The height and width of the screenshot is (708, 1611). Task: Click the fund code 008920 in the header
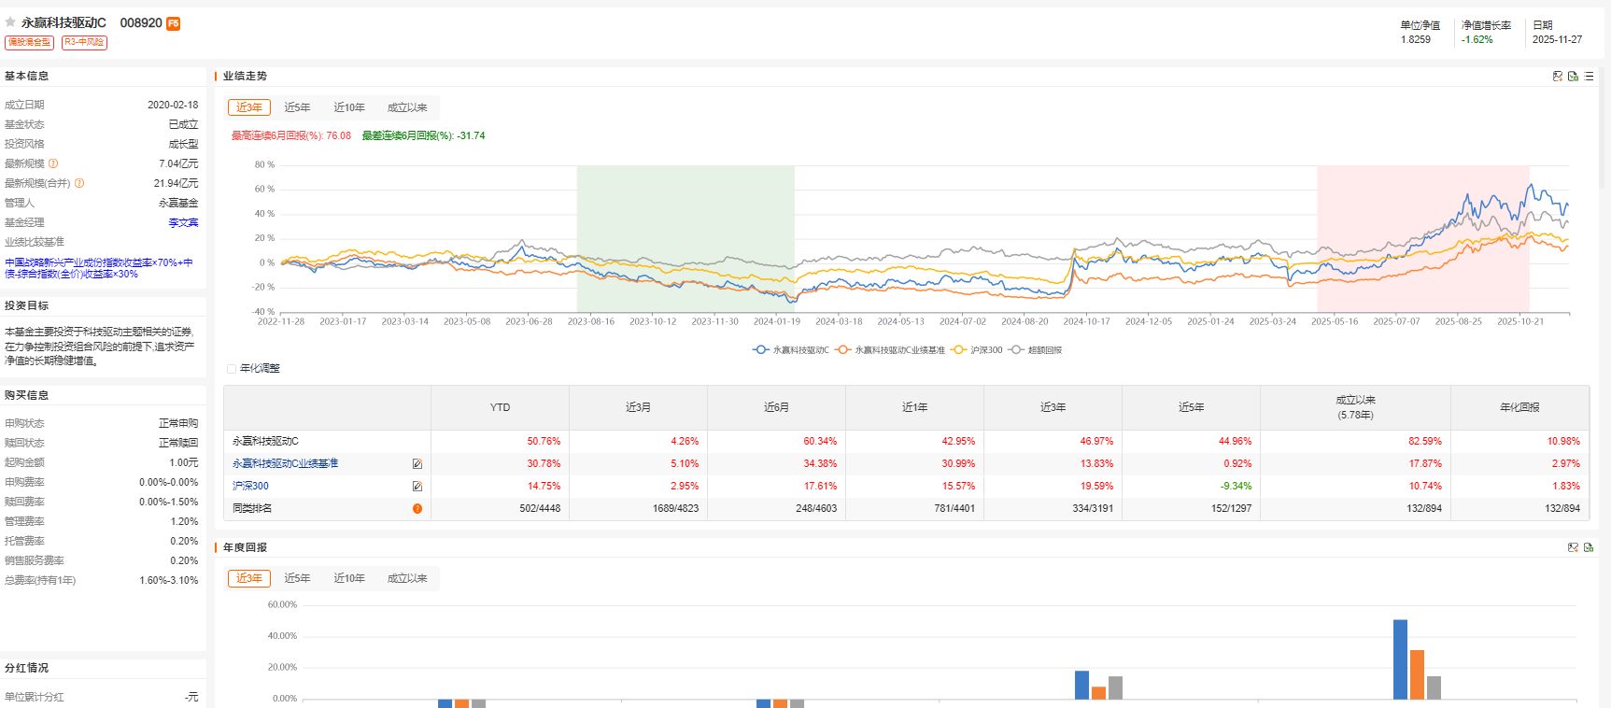coord(141,22)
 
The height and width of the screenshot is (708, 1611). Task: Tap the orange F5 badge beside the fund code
coord(174,23)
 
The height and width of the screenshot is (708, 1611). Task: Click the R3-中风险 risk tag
coord(84,42)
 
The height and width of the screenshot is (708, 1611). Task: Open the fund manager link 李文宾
coord(183,222)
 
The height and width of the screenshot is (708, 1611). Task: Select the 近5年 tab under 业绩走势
coord(297,107)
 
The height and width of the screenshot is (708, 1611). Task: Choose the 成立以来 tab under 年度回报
coord(407,578)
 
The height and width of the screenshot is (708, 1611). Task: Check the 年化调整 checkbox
coord(232,369)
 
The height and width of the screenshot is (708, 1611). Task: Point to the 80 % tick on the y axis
coord(264,164)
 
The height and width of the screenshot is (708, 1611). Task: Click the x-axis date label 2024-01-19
coord(777,321)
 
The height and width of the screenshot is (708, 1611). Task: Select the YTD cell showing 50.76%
coord(544,441)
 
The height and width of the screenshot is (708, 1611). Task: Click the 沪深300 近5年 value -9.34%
coord(1236,486)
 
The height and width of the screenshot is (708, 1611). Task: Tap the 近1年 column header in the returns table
coord(914,407)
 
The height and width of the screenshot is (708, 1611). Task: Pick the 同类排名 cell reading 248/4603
coord(816,508)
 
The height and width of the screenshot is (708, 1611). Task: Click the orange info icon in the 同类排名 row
coord(417,508)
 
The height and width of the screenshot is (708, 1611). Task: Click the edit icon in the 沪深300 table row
coord(417,486)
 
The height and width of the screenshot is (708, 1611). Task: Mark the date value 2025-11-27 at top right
coord(1557,39)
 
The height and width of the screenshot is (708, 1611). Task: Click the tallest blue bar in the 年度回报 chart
coord(1400,658)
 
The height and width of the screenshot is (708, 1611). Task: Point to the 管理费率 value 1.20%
coord(184,521)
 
